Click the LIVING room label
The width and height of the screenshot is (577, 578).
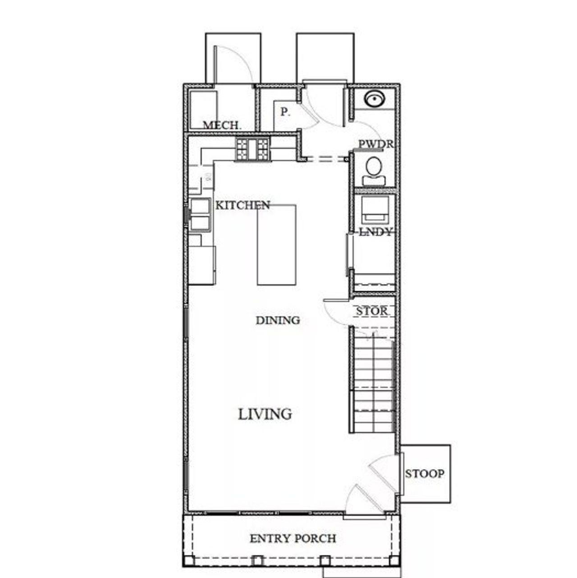point(265,414)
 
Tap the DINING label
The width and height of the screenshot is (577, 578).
point(278,321)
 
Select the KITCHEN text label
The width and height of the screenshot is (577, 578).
point(243,206)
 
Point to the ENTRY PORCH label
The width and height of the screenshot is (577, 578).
point(293,538)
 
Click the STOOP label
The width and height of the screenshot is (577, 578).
point(424,474)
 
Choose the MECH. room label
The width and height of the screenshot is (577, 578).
point(222,125)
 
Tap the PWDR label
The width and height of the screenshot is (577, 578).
point(376,144)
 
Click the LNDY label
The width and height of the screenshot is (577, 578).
point(375,232)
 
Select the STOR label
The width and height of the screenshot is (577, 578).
point(371,311)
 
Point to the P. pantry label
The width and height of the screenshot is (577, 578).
point(285,112)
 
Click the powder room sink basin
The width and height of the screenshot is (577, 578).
point(374,98)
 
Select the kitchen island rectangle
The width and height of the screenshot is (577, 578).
point(276,245)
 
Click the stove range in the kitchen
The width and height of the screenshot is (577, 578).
point(252,149)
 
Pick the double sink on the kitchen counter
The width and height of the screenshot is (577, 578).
point(200,215)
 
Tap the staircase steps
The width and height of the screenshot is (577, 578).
point(373,383)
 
